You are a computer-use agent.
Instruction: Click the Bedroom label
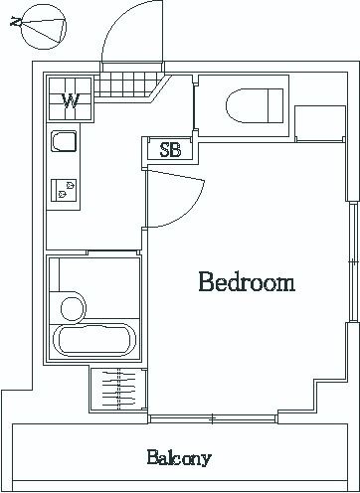(247, 282)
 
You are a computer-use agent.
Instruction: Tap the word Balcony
(179, 458)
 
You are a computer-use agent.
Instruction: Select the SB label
(170, 150)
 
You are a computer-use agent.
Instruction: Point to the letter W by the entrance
(71, 101)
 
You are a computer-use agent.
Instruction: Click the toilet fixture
(255, 105)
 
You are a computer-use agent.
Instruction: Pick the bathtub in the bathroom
(94, 340)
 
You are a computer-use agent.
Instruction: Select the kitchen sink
(64, 141)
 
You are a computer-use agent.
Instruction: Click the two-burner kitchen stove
(64, 191)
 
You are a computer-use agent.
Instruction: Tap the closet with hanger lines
(118, 390)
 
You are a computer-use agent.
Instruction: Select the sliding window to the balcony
(213, 419)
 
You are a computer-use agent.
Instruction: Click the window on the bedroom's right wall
(353, 261)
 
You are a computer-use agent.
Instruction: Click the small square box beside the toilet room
(320, 123)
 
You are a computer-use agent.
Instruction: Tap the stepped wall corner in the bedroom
(314, 382)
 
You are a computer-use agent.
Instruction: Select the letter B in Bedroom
(206, 282)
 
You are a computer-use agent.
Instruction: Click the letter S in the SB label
(165, 150)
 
